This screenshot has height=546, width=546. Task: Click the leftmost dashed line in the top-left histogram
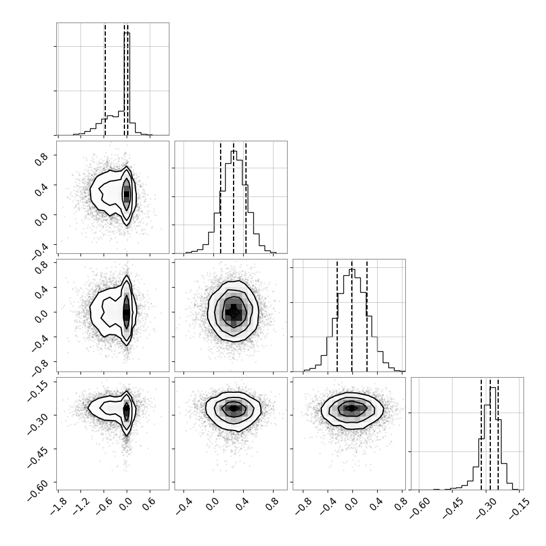(105, 79)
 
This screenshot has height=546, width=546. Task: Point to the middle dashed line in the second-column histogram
(234, 198)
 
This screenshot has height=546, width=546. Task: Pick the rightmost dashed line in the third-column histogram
(367, 315)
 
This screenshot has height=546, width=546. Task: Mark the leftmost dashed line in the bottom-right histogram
(481, 433)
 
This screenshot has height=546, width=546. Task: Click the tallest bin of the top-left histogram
(127, 83)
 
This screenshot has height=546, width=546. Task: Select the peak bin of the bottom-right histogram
(493, 438)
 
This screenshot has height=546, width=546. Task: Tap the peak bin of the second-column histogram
(234, 202)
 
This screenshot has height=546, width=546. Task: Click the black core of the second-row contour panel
(127, 194)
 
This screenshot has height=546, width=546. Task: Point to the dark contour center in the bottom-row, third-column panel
(352, 408)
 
